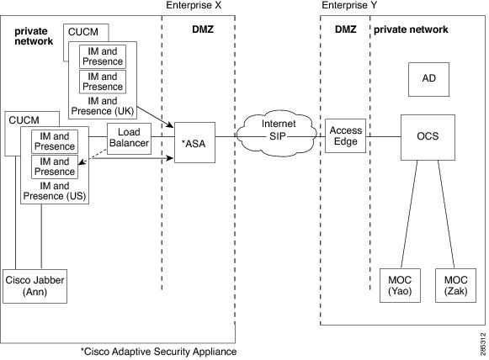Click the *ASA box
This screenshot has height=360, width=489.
pyautogui.click(x=194, y=142)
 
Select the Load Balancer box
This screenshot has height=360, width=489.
pyautogui.click(x=128, y=137)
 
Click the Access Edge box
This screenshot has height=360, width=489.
pyautogui.click(x=345, y=136)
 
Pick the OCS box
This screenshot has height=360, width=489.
pyautogui.click(x=428, y=136)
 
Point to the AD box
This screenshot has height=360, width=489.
pyautogui.click(x=428, y=79)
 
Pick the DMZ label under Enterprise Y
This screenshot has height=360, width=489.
pyautogui.click(x=346, y=30)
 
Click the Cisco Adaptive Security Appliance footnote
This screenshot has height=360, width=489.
pyautogui.click(x=158, y=351)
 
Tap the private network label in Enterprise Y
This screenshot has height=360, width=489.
pyautogui.click(x=411, y=30)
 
